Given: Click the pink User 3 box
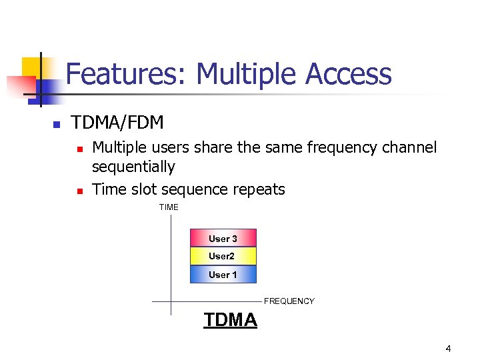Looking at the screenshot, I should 223,238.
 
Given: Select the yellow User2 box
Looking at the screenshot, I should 223,256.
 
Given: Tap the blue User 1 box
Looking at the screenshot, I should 223,275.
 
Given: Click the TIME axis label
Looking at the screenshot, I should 169,207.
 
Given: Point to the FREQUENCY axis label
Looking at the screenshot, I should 289,301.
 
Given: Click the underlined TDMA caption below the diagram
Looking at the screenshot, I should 230,320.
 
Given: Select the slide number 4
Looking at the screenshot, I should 448,349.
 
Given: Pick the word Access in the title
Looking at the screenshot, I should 349,74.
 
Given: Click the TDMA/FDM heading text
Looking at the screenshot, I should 117,123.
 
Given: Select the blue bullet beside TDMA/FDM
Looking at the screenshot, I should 57,125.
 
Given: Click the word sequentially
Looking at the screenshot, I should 133,167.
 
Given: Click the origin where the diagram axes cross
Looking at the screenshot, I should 171,301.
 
